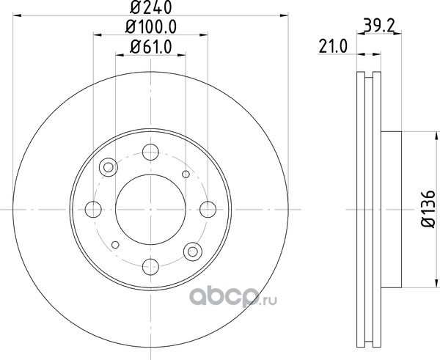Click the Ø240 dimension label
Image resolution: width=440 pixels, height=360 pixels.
coord(150,7)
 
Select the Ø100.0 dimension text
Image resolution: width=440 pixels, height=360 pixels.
coord(150,27)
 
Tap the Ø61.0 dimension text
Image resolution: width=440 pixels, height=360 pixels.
coord(150,47)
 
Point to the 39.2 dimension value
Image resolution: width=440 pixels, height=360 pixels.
coord(379,26)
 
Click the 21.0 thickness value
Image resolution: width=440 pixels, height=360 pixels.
coord(333,46)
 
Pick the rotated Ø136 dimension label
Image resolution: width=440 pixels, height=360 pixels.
coord(428,209)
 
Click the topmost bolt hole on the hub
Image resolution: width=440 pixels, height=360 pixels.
coord(150,152)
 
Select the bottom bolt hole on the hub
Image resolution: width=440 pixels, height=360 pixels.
coord(150,267)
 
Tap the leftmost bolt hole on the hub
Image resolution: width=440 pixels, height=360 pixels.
coord(93,209)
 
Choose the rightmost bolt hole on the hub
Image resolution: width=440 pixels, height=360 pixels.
coord(208,209)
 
